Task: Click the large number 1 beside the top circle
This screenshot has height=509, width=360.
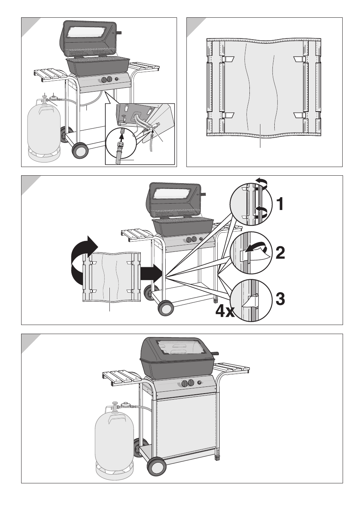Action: (280, 204)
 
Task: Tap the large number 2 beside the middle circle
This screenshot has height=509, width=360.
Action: (280, 253)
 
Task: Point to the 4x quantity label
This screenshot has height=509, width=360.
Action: (225, 311)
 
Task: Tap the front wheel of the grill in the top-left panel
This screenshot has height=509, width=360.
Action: (80, 150)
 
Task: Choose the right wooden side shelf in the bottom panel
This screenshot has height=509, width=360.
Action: (231, 368)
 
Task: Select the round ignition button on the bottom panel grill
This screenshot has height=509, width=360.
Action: (200, 382)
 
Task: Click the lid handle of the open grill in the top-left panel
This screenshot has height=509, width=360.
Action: (119, 33)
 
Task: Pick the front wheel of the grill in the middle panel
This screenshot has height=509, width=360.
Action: (166, 308)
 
